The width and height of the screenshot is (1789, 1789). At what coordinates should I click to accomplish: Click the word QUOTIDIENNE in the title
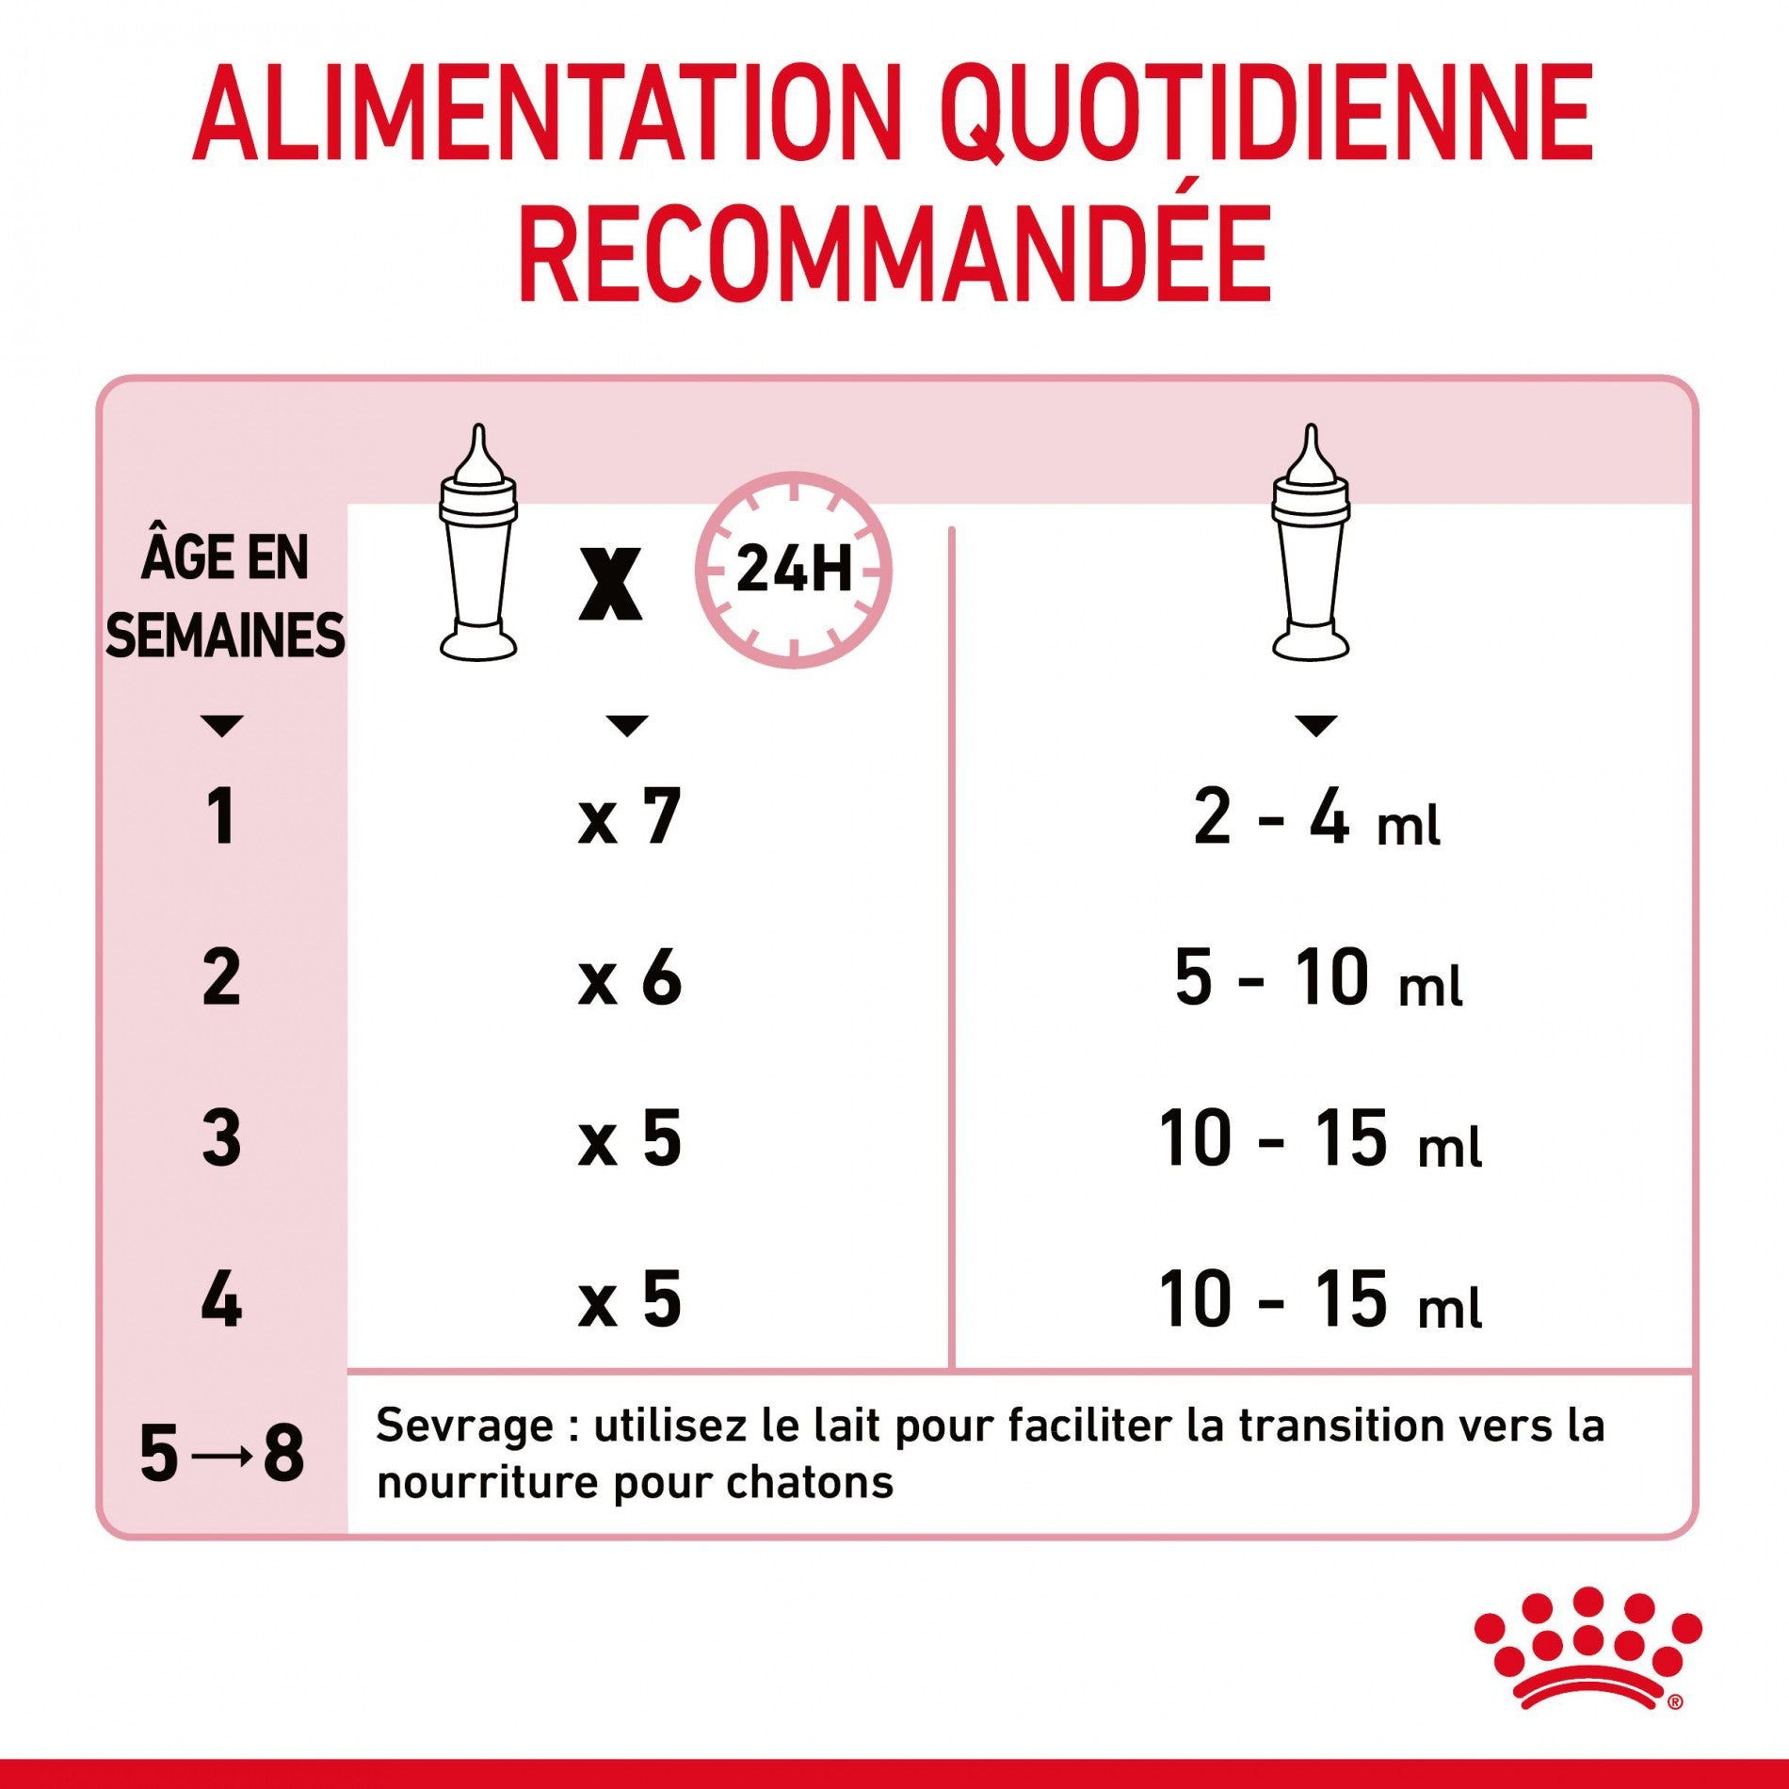click(x=1268, y=114)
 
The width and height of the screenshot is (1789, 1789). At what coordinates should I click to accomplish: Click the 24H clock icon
click(x=794, y=570)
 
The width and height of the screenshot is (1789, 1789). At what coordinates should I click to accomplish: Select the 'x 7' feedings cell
click(x=629, y=817)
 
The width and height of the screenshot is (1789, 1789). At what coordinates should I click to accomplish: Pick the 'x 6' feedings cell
click(x=629, y=978)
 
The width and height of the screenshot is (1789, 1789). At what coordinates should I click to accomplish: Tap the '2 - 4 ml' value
click(x=1316, y=817)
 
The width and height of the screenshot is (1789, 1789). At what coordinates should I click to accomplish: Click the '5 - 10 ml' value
click(x=1318, y=978)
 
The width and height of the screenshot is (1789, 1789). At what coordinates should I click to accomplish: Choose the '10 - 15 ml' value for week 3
click(x=1320, y=1139)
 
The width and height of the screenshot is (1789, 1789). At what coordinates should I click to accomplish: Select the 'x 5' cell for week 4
click(x=629, y=1300)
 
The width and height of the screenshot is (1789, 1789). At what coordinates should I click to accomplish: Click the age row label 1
click(x=221, y=817)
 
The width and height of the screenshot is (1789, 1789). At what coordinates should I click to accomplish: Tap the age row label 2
click(x=221, y=978)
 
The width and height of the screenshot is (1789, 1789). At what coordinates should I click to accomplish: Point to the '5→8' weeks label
click(x=222, y=1453)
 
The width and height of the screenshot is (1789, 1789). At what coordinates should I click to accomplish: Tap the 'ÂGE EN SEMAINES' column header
click(x=224, y=595)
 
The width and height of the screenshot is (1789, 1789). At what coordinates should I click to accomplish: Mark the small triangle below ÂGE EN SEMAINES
click(x=222, y=725)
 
